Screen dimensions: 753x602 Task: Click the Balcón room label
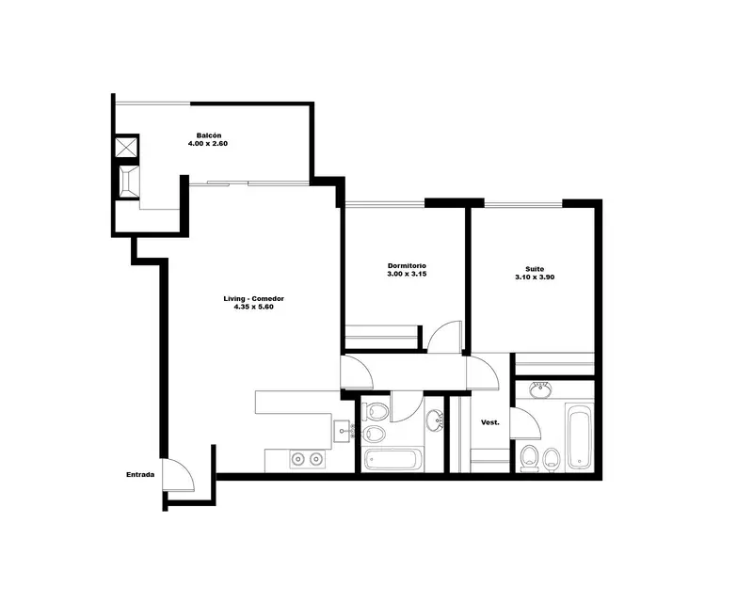(x=208, y=135)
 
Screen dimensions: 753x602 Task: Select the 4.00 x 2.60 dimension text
(x=207, y=144)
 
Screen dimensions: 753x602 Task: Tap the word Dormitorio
(x=407, y=266)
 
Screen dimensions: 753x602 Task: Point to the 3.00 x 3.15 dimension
(x=407, y=274)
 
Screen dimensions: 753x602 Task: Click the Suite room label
(x=535, y=269)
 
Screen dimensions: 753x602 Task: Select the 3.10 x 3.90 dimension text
(x=535, y=277)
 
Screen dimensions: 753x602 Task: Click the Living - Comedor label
(x=253, y=298)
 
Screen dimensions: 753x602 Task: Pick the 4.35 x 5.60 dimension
(x=253, y=307)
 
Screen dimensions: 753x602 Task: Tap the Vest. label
(x=489, y=422)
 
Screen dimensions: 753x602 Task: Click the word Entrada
(x=140, y=475)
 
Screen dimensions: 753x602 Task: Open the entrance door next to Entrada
(x=179, y=475)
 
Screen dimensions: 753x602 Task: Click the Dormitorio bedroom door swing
(x=444, y=337)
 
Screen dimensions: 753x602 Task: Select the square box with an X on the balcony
(x=127, y=148)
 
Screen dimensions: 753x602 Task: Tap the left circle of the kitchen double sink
(x=298, y=459)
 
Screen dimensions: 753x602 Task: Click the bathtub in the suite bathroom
(x=579, y=437)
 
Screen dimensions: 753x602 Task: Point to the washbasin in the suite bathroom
(x=541, y=389)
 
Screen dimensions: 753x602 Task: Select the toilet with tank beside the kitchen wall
(x=375, y=411)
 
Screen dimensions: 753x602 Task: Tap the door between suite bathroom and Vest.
(x=525, y=423)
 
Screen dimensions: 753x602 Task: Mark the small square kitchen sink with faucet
(x=343, y=431)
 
